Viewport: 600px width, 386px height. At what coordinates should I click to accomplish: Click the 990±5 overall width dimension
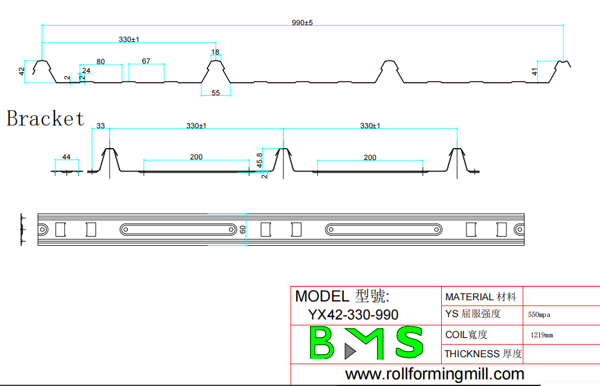click(x=303, y=22)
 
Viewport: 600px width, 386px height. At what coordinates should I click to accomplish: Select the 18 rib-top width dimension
click(x=215, y=52)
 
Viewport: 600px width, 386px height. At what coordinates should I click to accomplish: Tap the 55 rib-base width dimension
click(x=216, y=92)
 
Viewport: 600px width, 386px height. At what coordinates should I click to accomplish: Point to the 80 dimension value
click(x=100, y=61)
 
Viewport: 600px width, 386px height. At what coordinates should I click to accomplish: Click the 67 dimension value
click(x=146, y=61)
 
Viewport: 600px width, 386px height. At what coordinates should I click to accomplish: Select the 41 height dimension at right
click(x=534, y=71)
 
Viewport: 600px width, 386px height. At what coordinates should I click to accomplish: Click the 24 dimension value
click(x=86, y=71)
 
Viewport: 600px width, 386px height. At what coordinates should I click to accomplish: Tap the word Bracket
click(x=46, y=118)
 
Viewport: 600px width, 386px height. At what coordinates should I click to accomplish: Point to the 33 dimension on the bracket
click(x=101, y=126)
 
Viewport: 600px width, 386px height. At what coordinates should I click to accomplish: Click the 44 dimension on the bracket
click(x=67, y=157)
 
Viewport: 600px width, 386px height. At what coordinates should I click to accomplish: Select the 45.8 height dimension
click(x=259, y=160)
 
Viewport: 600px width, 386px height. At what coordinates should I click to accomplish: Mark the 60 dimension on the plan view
click(x=242, y=230)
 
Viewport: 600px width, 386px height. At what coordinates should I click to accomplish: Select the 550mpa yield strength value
click(x=539, y=314)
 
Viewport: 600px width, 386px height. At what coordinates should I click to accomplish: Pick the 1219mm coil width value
click(x=542, y=335)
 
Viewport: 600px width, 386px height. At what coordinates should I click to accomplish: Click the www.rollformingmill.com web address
click(x=435, y=375)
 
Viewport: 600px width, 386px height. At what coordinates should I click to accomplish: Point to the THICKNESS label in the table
click(x=472, y=354)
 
